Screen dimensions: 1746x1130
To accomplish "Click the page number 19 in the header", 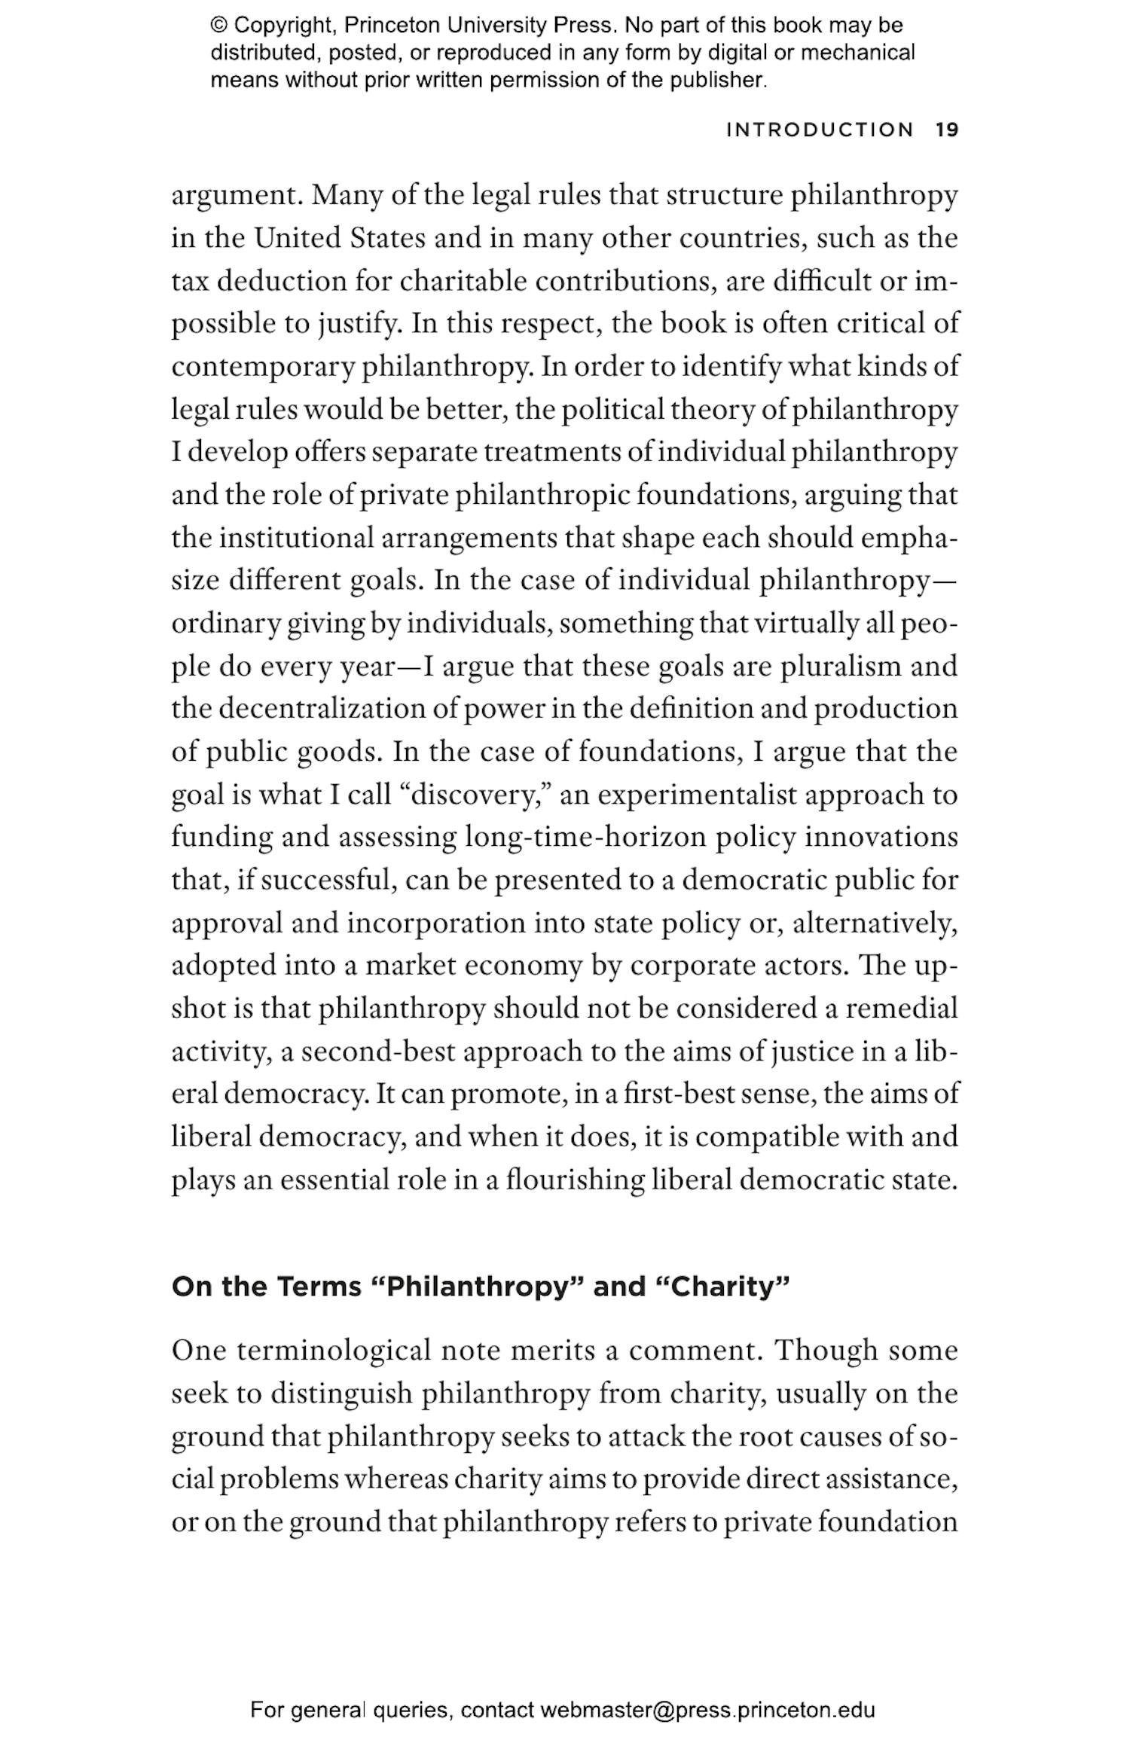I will (x=947, y=130).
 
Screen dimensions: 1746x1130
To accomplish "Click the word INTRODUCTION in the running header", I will (x=820, y=130).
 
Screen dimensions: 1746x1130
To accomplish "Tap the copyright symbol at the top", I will (x=218, y=26).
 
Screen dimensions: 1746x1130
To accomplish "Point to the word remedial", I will (x=901, y=1009).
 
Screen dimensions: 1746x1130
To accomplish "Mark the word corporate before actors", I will (x=682, y=966).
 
